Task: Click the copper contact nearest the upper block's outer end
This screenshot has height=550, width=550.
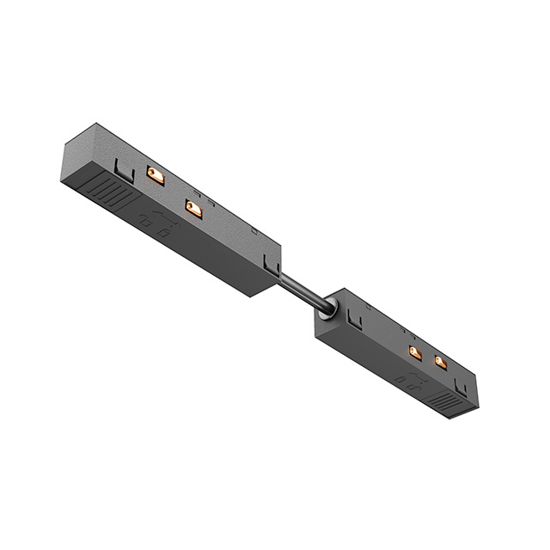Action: coord(156,175)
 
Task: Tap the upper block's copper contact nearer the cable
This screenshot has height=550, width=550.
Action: coord(194,209)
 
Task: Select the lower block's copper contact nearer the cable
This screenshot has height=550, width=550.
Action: coord(415,352)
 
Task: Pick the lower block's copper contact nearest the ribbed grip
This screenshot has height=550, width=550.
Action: coord(440,363)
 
